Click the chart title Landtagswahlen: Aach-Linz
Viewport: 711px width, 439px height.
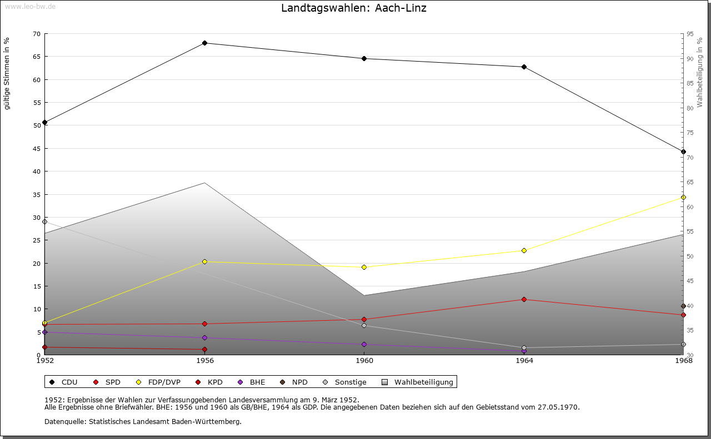(354, 8)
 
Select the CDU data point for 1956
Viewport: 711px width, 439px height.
(204, 43)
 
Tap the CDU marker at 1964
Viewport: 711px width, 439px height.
(524, 67)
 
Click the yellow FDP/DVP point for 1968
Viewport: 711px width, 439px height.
(683, 198)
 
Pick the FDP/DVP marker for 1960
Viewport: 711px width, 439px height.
(364, 267)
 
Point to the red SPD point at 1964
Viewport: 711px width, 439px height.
(524, 300)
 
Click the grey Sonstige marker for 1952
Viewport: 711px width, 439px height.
(45, 221)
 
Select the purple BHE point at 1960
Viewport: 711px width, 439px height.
(364, 344)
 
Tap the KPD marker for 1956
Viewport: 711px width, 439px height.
(204, 350)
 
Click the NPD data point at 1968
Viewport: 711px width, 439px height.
(683, 306)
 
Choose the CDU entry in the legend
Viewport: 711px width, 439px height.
(63, 382)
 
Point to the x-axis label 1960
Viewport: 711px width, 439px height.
(364, 361)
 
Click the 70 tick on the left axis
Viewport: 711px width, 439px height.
(37, 34)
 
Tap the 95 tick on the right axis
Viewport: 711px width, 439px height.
(690, 34)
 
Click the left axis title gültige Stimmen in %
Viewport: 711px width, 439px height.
(7, 74)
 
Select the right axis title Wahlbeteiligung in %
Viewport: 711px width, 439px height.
(700, 73)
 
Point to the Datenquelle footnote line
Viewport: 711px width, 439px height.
(143, 422)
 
